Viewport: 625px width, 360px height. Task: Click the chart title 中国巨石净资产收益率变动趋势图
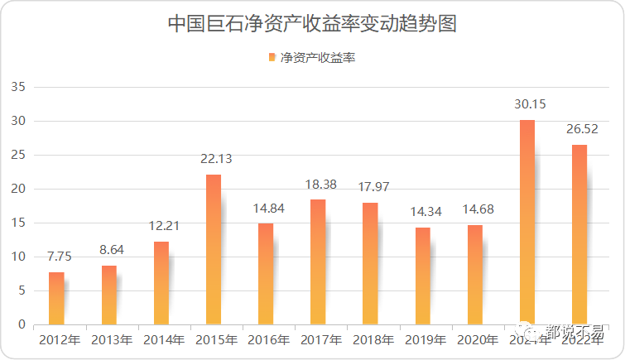[x=312, y=23]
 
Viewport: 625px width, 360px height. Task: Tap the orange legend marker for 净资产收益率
[x=272, y=58]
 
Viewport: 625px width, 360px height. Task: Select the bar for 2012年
[x=56, y=298]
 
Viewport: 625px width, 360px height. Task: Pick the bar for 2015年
[x=214, y=249]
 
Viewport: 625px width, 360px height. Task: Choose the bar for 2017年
[x=318, y=262]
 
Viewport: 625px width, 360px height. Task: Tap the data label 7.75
[x=58, y=257]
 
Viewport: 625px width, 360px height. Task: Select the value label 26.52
[x=579, y=129]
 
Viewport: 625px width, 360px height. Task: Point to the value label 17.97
[x=370, y=187]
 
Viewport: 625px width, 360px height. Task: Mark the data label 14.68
[x=475, y=209]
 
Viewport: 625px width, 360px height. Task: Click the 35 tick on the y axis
[x=19, y=87]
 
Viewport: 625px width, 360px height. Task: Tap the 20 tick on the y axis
[x=19, y=189]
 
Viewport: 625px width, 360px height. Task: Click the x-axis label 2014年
[x=162, y=339]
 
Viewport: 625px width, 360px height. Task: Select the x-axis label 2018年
[x=372, y=339]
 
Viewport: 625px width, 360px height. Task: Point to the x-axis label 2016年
[x=267, y=339]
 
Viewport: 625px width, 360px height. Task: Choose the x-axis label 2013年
[x=110, y=339]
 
